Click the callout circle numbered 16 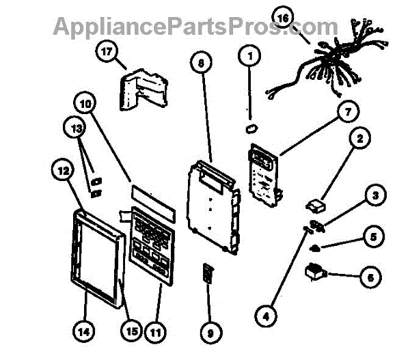282,16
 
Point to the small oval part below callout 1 251,127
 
